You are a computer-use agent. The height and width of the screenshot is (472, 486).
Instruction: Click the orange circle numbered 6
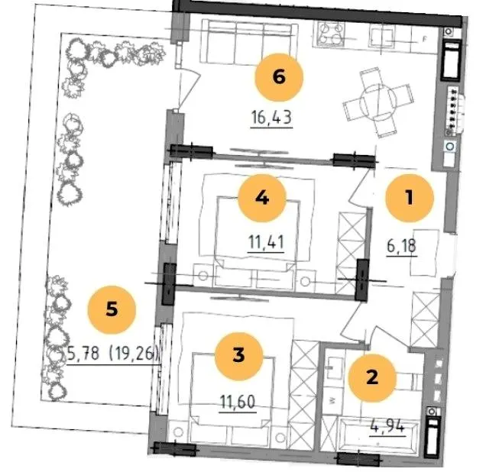279,77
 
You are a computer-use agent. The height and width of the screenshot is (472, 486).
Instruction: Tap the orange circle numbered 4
262,198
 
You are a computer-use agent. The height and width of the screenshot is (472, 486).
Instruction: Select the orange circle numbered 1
410,198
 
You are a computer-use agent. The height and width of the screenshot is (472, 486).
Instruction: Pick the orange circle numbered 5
112,309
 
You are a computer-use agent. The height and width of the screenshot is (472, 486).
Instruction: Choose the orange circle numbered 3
238,356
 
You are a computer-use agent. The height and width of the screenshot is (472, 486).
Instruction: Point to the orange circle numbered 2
372,378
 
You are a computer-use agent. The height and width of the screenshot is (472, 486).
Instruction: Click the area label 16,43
271,118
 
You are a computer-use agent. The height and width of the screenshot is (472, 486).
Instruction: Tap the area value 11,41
266,242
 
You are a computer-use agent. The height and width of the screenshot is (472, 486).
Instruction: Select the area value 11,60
238,402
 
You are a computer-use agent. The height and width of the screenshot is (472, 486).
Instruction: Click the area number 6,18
402,246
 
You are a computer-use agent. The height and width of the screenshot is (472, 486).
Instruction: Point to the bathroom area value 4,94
387,426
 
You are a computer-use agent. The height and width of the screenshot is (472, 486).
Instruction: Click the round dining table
378,102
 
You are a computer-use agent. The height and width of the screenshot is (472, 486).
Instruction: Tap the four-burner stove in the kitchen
330,34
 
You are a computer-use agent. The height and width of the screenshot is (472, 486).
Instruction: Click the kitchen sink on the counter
382,36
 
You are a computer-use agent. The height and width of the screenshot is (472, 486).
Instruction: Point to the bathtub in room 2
380,436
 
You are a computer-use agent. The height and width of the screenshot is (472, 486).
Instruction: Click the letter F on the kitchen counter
425,40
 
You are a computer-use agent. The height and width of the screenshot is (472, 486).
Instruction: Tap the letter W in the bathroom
332,401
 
